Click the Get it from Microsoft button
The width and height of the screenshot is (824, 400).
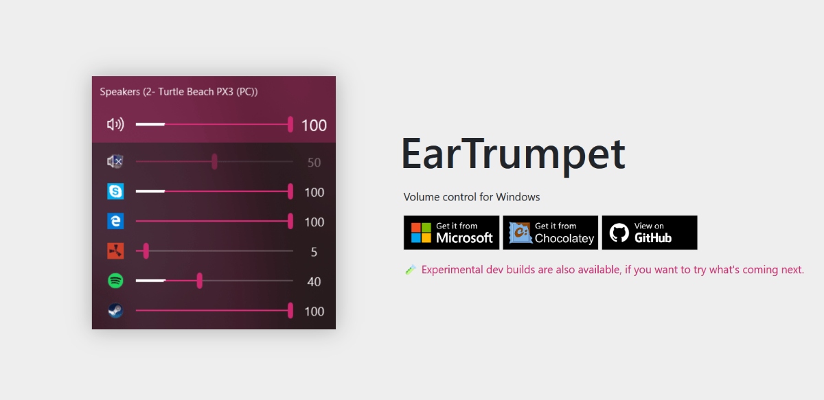tap(451, 233)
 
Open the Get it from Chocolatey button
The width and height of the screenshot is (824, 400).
tap(550, 233)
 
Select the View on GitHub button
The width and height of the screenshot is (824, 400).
tap(650, 233)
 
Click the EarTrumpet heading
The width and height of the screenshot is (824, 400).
tap(513, 154)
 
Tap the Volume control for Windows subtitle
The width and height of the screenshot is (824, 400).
tap(472, 197)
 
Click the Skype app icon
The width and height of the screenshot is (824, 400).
tap(115, 191)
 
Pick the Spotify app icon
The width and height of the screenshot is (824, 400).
tap(115, 281)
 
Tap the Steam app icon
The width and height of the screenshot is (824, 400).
tap(115, 311)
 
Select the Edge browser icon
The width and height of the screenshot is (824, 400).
tap(115, 221)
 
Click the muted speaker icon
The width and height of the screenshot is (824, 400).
tap(115, 162)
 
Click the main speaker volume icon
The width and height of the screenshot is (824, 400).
tap(115, 124)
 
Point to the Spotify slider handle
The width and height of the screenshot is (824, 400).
tap(200, 281)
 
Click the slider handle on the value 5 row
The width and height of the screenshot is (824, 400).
tap(146, 251)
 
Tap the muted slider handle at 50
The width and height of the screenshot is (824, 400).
tap(214, 162)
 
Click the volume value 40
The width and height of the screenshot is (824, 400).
tap(314, 281)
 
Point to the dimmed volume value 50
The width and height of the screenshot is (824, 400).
tap(314, 163)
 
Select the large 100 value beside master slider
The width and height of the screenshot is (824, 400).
tap(314, 126)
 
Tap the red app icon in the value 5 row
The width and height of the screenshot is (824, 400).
tap(115, 251)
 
